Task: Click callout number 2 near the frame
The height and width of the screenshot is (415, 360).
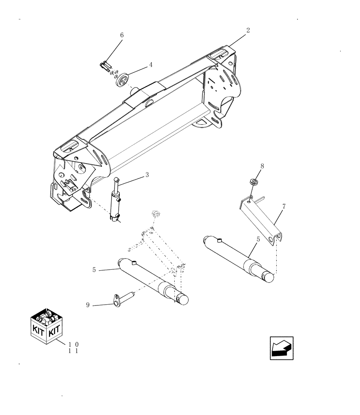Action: pyautogui.click(x=248, y=30)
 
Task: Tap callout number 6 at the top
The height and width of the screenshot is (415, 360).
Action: pyautogui.click(x=122, y=35)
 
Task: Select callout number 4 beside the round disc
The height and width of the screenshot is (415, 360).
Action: pyautogui.click(x=151, y=65)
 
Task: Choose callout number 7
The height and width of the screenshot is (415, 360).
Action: pyautogui.click(x=284, y=206)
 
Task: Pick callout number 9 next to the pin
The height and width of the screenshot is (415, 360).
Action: pyautogui.click(x=88, y=305)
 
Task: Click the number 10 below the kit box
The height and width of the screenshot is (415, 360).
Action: pyautogui.click(x=73, y=344)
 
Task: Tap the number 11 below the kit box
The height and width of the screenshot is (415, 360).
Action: pyautogui.click(x=73, y=351)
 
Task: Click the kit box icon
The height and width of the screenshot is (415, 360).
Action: pyautogui.click(x=46, y=326)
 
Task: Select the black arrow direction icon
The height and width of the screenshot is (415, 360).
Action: pyautogui.click(x=282, y=348)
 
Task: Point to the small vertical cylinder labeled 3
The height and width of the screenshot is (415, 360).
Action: pyautogui.click(x=115, y=201)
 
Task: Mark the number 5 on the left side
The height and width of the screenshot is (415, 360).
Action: pyautogui.click(x=95, y=270)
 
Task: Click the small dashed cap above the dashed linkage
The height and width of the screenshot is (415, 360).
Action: pyautogui.click(x=156, y=213)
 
